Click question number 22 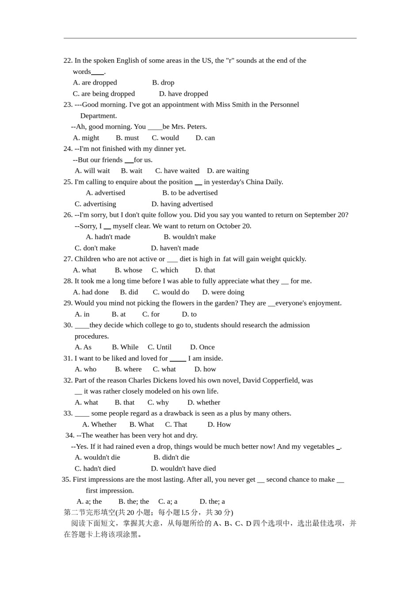pyautogui.click(x=68, y=61)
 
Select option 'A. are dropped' pyautogui.click(x=95, y=83)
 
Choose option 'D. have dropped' pyautogui.click(x=183, y=94)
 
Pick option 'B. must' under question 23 pyautogui.click(x=127, y=138)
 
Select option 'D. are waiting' pyautogui.click(x=228, y=171)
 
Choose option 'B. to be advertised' pyautogui.click(x=190, y=193)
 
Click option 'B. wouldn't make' pyautogui.click(x=190, y=237)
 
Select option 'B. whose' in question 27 pyautogui.click(x=128, y=270)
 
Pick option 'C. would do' pyautogui.click(x=171, y=292)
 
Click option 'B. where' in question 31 pyautogui.click(x=128, y=369)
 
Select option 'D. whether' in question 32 pyautogui.click(x=203, y=402)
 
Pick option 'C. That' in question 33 pyautogui.click(x=176, y=425)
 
